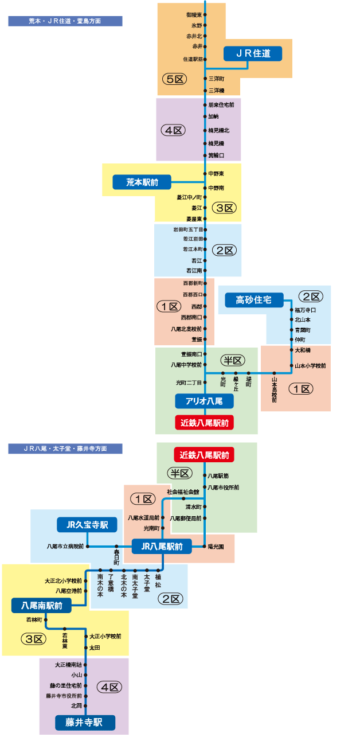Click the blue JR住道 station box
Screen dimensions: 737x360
(252, 53)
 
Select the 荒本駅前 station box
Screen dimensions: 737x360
(142, 182)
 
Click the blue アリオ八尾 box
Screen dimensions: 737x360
(205, 401)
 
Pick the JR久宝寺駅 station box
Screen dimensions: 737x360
(87, 524)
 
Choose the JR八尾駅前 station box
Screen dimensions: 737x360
(162, 547)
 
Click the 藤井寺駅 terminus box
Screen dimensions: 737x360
(85, 722)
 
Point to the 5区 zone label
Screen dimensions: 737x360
(174, 79)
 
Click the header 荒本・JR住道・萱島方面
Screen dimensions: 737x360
(65, 21)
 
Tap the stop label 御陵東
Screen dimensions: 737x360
(194, 14)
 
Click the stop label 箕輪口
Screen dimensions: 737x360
(216, 155)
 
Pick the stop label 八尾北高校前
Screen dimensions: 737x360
(186, 329)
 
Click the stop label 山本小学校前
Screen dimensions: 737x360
(310, 365)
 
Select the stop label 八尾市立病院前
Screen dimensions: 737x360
(65, 547)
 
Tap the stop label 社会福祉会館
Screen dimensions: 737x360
(183, 492)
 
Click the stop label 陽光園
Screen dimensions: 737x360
(217, 547)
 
